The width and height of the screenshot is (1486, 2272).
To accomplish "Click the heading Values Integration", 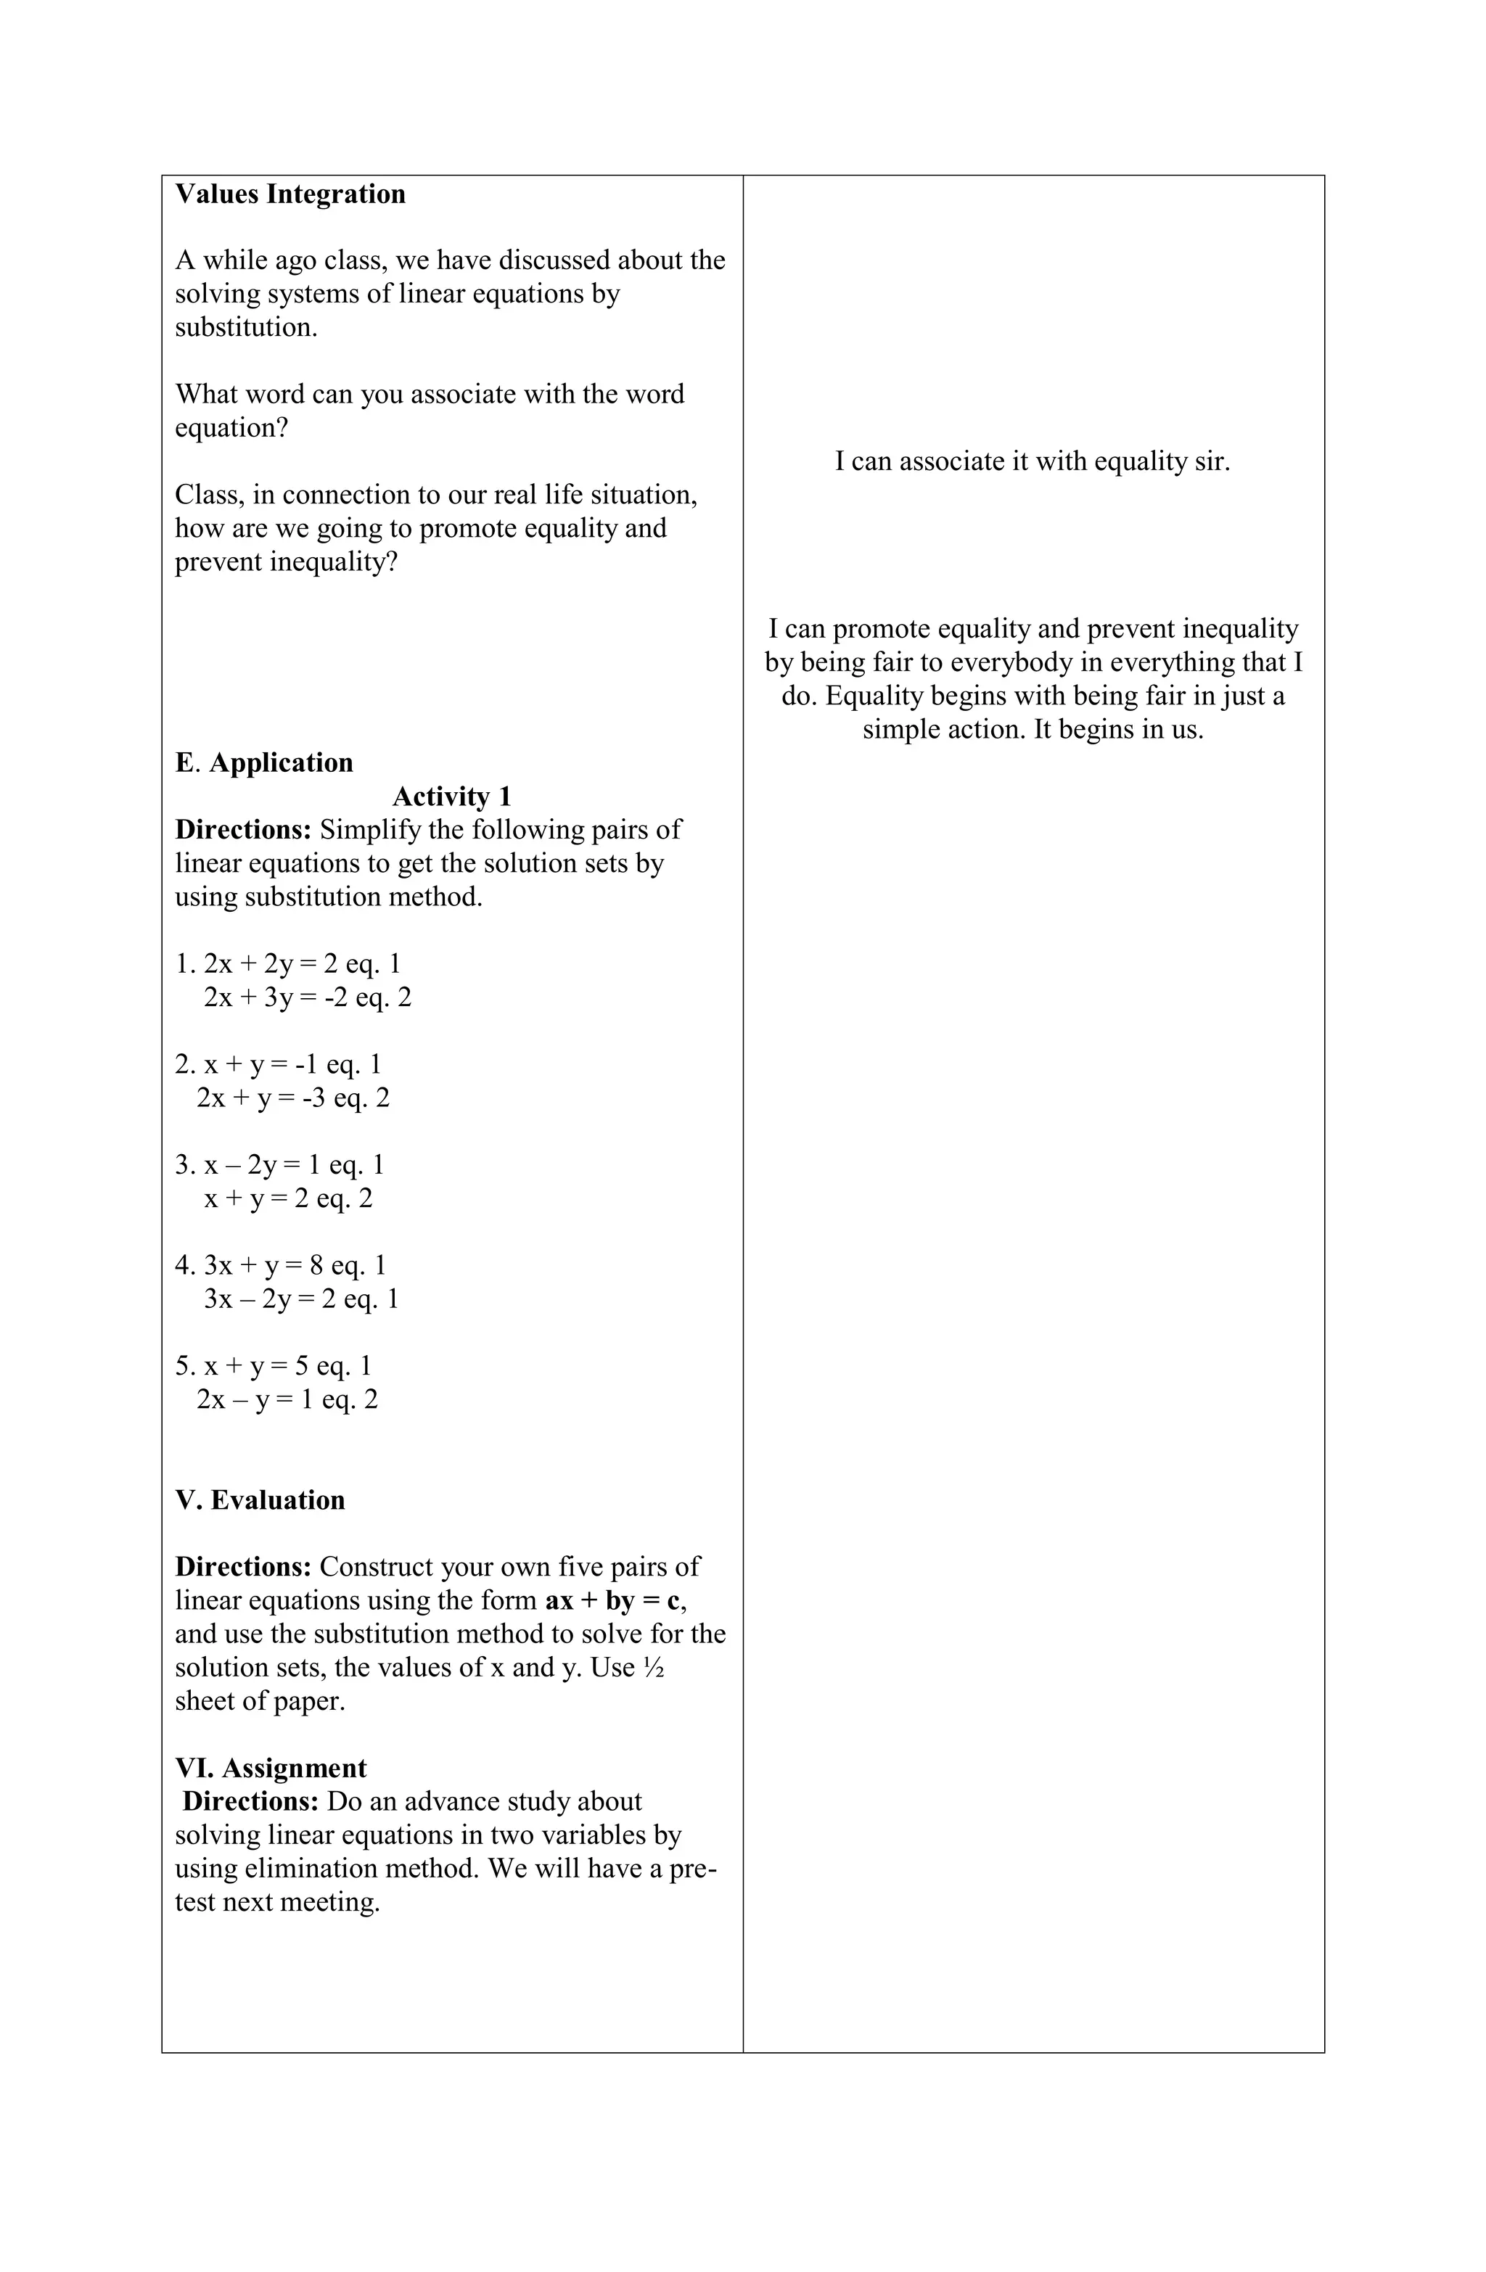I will click(290, 194).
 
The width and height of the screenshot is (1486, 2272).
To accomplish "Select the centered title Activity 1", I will click(452, 797).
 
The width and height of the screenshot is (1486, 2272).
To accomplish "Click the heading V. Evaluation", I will click(260, 1499).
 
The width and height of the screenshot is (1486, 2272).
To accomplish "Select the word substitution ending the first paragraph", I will click(245, 327).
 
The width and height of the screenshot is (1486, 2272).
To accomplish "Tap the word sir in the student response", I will click(1213, 461).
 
